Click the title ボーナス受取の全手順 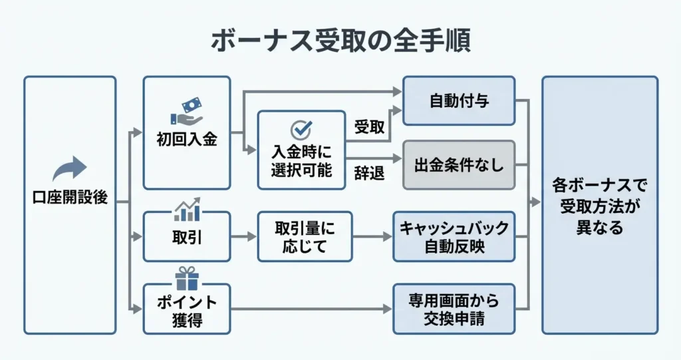tap(340, 41)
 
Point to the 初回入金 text tap(187, 140)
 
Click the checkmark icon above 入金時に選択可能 tap(301, 128)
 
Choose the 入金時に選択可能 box tap(301, 150)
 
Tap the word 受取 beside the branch tap(369, 127)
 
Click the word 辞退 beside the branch tap(369, 174)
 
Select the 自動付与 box tap(459, 101)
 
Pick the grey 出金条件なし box tap(459, 165)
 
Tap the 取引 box tap(187, 237)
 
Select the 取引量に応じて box tap(305, 237)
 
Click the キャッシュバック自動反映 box tap(454, 237)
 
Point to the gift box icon tap(187, 279)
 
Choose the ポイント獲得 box tap(187, 309)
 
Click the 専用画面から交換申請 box tap(454, 309)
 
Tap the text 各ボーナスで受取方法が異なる tap(599, 205)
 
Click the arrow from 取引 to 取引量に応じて tap(243, 237)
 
